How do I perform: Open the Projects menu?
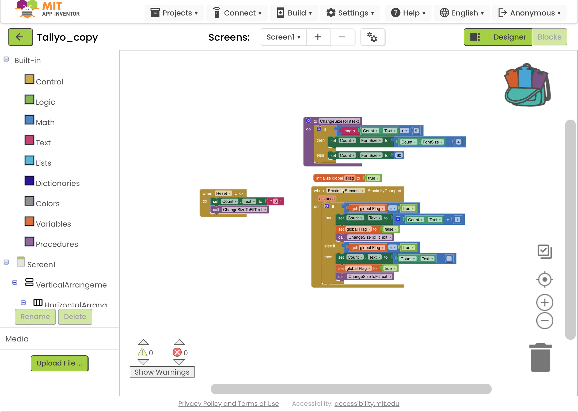point(174,13)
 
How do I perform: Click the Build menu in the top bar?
point(294,13)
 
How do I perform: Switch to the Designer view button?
point(509,37)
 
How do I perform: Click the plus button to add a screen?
point(318,37)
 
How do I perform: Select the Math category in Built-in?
point(45,122)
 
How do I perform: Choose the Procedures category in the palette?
point(57,244)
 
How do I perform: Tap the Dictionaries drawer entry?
point(58,183)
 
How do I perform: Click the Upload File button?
point(59,363)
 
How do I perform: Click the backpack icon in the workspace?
point(527,85)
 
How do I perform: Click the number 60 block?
point(399,156)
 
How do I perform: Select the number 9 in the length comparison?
point(416,131)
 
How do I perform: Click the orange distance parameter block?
point(327,199)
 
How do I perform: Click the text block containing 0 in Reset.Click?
point(276,201)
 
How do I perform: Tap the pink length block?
point(349,131)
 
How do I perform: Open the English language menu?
point(462,13)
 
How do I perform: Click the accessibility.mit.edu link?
point(367,403)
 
